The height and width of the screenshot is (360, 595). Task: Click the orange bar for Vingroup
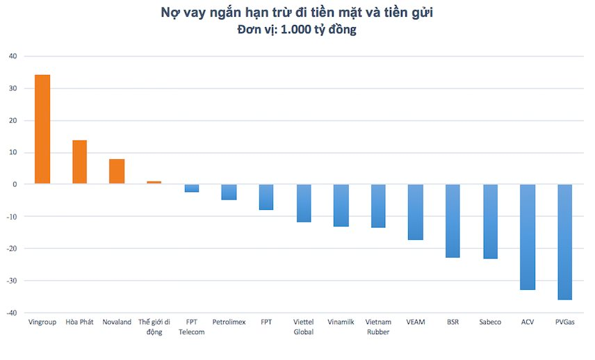(42, 129)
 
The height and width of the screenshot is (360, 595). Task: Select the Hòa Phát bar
(80, 162)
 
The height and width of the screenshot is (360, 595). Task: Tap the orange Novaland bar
(117, 172)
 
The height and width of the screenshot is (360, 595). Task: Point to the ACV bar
(528, 237)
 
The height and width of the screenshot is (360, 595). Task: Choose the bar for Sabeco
(490, 221)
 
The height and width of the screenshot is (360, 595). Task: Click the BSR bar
(453, 221)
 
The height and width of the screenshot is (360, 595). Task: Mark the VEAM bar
(415, 212)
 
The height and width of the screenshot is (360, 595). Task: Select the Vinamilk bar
(341, 205)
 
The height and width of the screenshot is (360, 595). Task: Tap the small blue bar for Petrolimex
(229, 192)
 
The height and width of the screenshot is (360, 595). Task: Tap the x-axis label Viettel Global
(304, 327)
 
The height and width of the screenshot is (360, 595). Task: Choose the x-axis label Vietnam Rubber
(378, 327)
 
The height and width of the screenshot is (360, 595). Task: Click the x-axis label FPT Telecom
(191, 327)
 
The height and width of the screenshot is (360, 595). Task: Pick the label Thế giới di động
(154, 327)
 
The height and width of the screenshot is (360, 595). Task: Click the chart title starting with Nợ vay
(297, 13)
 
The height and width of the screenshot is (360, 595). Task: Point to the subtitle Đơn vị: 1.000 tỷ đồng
(297, 30)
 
